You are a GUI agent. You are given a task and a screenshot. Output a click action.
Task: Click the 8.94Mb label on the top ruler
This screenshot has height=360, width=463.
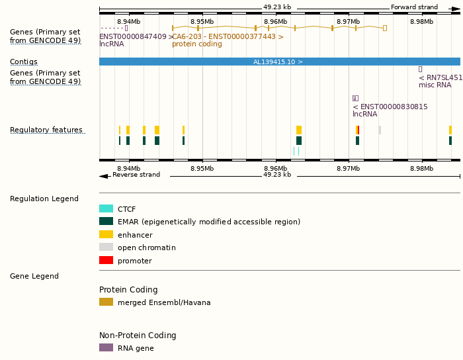coord(128,22)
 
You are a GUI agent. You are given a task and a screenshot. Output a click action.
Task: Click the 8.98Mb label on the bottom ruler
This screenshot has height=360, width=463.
coord(421,168)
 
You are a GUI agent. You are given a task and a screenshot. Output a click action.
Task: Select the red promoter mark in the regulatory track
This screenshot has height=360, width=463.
coord(358,130)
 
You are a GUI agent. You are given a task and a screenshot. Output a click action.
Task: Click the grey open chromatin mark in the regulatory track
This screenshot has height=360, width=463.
coord(380,130)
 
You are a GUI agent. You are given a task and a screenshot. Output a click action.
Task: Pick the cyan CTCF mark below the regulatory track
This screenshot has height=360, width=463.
coord(294,152)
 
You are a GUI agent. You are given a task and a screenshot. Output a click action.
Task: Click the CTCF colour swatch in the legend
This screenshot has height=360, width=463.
coord(106,208)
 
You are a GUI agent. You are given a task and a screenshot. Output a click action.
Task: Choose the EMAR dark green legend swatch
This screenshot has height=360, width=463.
coord(106,221)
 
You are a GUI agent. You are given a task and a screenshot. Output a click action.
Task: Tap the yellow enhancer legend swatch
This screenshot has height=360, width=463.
coord(106,234)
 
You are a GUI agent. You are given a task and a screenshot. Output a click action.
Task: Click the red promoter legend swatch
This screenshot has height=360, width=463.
coord(106,260)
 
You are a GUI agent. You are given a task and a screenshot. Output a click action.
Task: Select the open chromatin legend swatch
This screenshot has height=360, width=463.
coord(106,247)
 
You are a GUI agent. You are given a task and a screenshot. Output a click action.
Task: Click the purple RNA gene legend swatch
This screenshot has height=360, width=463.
coord(106,347)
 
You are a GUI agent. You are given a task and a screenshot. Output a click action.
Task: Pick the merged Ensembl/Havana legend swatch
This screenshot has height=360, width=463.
coord(106,302)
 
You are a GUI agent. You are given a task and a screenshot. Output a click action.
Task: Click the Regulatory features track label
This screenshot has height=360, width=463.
coord(46,130)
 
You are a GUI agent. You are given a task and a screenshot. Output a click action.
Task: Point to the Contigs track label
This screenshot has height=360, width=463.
coord(24,62)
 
